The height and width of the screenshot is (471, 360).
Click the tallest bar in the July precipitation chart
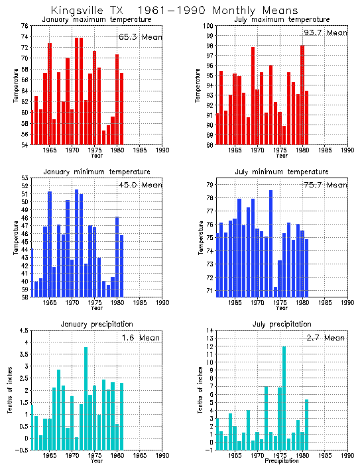[x=284, y=397]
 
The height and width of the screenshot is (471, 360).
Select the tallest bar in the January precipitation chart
[x=86, y=397]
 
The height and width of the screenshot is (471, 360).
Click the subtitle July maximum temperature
[x=273, y=20]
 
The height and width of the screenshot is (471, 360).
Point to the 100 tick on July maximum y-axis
[x=207, y=25]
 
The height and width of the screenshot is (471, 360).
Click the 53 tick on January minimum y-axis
[x=25, y=178]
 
